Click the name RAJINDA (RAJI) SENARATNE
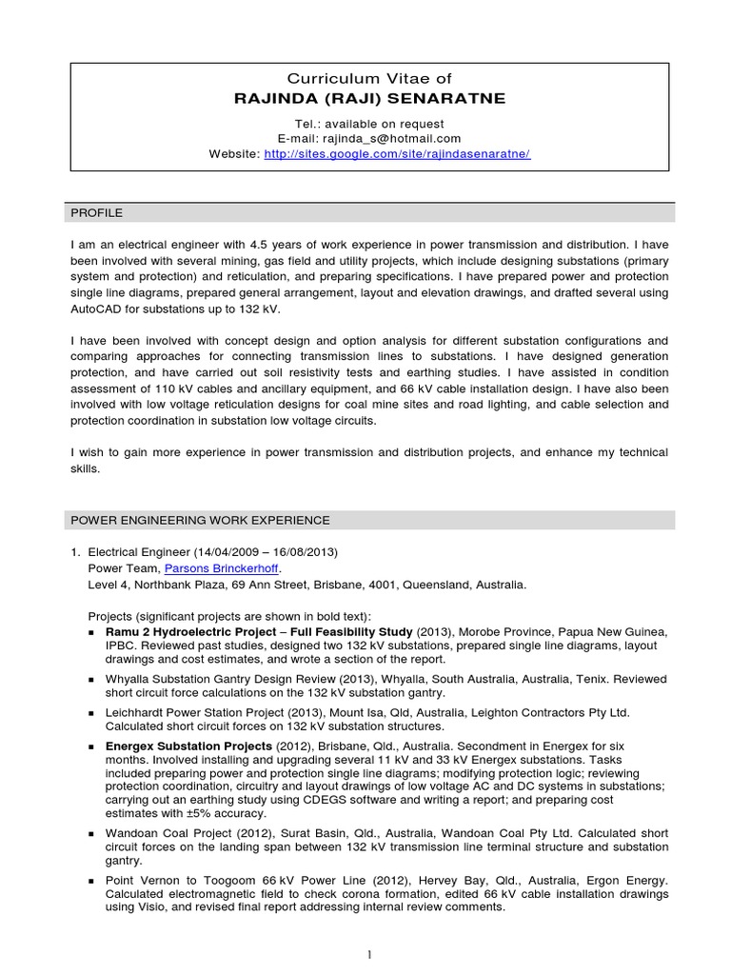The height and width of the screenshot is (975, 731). click(x=370, y=99)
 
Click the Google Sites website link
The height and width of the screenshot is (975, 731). click(x=396, y=153)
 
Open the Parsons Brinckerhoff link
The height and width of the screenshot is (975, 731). click(x=223, y=568)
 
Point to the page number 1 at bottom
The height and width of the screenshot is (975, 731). click(x=369, y=953)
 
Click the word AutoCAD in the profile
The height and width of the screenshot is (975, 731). click(x=99, y=308)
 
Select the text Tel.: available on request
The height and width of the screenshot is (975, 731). click(x=369, y=124)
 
